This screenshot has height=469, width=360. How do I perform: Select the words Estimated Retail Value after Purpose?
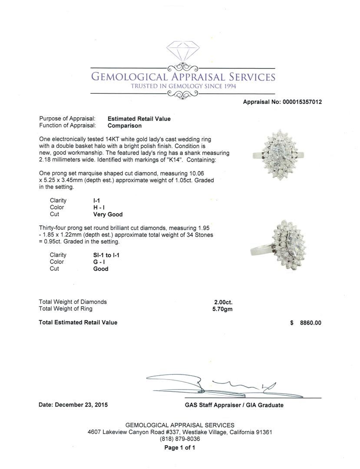[139, 119]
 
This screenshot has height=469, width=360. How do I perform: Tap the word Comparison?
[125, 126]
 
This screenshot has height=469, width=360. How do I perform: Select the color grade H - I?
[99, 208]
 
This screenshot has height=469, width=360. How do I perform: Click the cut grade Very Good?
[108, 215]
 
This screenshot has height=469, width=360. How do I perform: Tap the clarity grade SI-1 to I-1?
[106, 255]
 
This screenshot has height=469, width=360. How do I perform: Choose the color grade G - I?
[99, 262]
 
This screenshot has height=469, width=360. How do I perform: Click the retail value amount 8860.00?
[310, 323]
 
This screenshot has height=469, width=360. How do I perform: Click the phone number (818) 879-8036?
[180, 439]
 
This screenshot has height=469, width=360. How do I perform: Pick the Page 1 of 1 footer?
[180, 448]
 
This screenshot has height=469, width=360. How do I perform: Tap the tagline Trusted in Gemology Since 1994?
[183, 86]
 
